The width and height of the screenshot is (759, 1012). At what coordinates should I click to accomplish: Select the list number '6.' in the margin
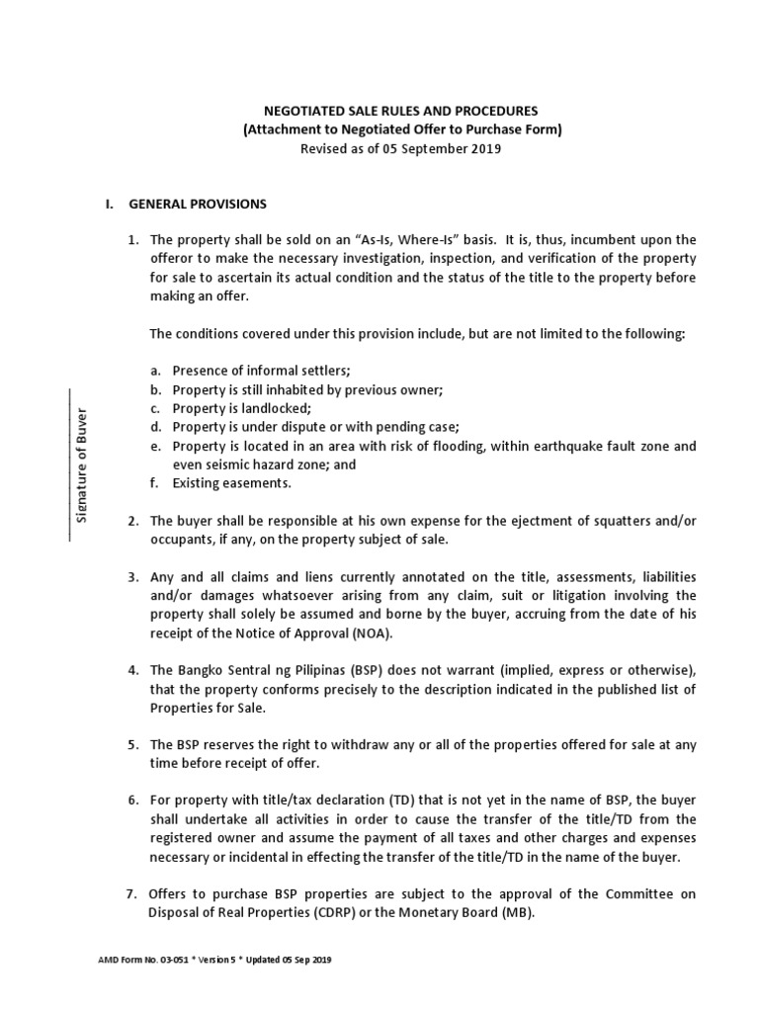click(x=132, y=801)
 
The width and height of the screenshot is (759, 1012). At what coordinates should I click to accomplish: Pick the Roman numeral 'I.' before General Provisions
click(x=109, y=205)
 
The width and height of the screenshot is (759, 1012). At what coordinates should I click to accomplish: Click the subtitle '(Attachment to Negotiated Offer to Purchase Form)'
click(x=401, y=130)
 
